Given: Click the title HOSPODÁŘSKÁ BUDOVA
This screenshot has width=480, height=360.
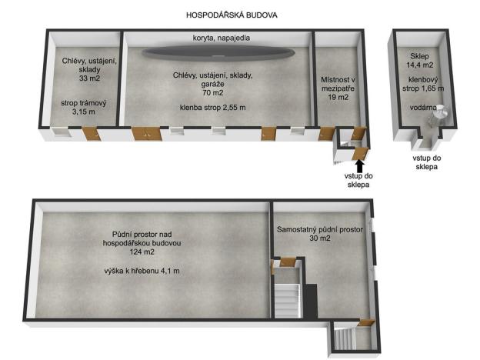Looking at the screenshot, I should (x=232, y=15).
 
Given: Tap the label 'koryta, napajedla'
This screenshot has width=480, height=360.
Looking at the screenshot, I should (x=221, y=38).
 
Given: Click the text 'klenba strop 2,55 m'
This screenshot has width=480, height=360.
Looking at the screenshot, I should (x=213, y=108).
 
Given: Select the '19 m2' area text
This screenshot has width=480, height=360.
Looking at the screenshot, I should (x=338, y=98).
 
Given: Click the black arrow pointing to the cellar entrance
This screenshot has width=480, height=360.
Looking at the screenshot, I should (x=358, y=165).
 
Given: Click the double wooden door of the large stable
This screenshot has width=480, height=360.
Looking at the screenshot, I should (x=144, y=134).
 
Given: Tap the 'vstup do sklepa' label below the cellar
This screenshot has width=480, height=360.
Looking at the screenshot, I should (x=425, y=162).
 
